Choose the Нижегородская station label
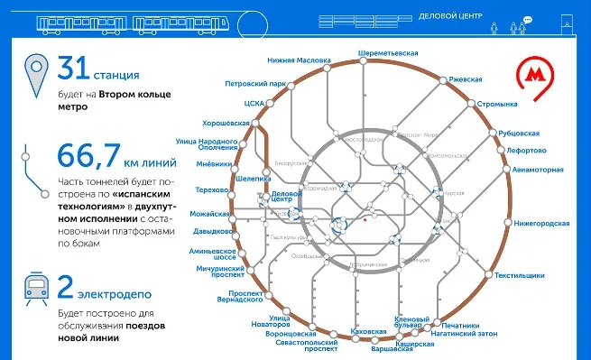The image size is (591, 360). tap(542, 223)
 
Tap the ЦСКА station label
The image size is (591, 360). tap(254, 104)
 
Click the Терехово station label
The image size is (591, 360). tap(214, 189)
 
